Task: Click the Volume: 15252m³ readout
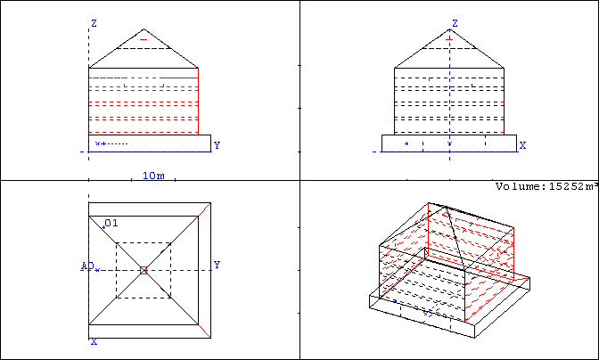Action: click(x=547, y=186)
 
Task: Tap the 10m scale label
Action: click(x=153, y=176)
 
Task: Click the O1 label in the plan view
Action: click(x=111, y=223)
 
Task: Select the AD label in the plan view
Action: click(x=87, y=266)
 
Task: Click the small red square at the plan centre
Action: click(x=144, y=270)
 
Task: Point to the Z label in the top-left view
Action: click(x=94, y=23)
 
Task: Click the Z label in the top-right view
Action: click(x=455, y=23)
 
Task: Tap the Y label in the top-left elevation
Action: click(x=217, y=145)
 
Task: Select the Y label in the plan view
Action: click(x=217, y=265)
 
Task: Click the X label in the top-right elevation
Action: click(x=522, y=145)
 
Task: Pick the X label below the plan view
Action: click(x=94, y=341)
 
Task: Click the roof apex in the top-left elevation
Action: click(x=144, y=29)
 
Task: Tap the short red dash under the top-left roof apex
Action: click(x=144, y=39)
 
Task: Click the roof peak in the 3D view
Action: click(x=447, y=207)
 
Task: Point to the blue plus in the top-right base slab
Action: click(x=406, y=143)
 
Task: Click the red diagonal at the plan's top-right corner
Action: click(x=204, y=209)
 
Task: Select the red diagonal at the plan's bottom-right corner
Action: click(x=204, y=331)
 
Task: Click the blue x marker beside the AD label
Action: click(x=97, y=270)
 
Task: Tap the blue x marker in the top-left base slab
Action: click(x=97, y=143)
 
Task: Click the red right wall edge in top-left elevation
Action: click(x=198, y=102)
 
